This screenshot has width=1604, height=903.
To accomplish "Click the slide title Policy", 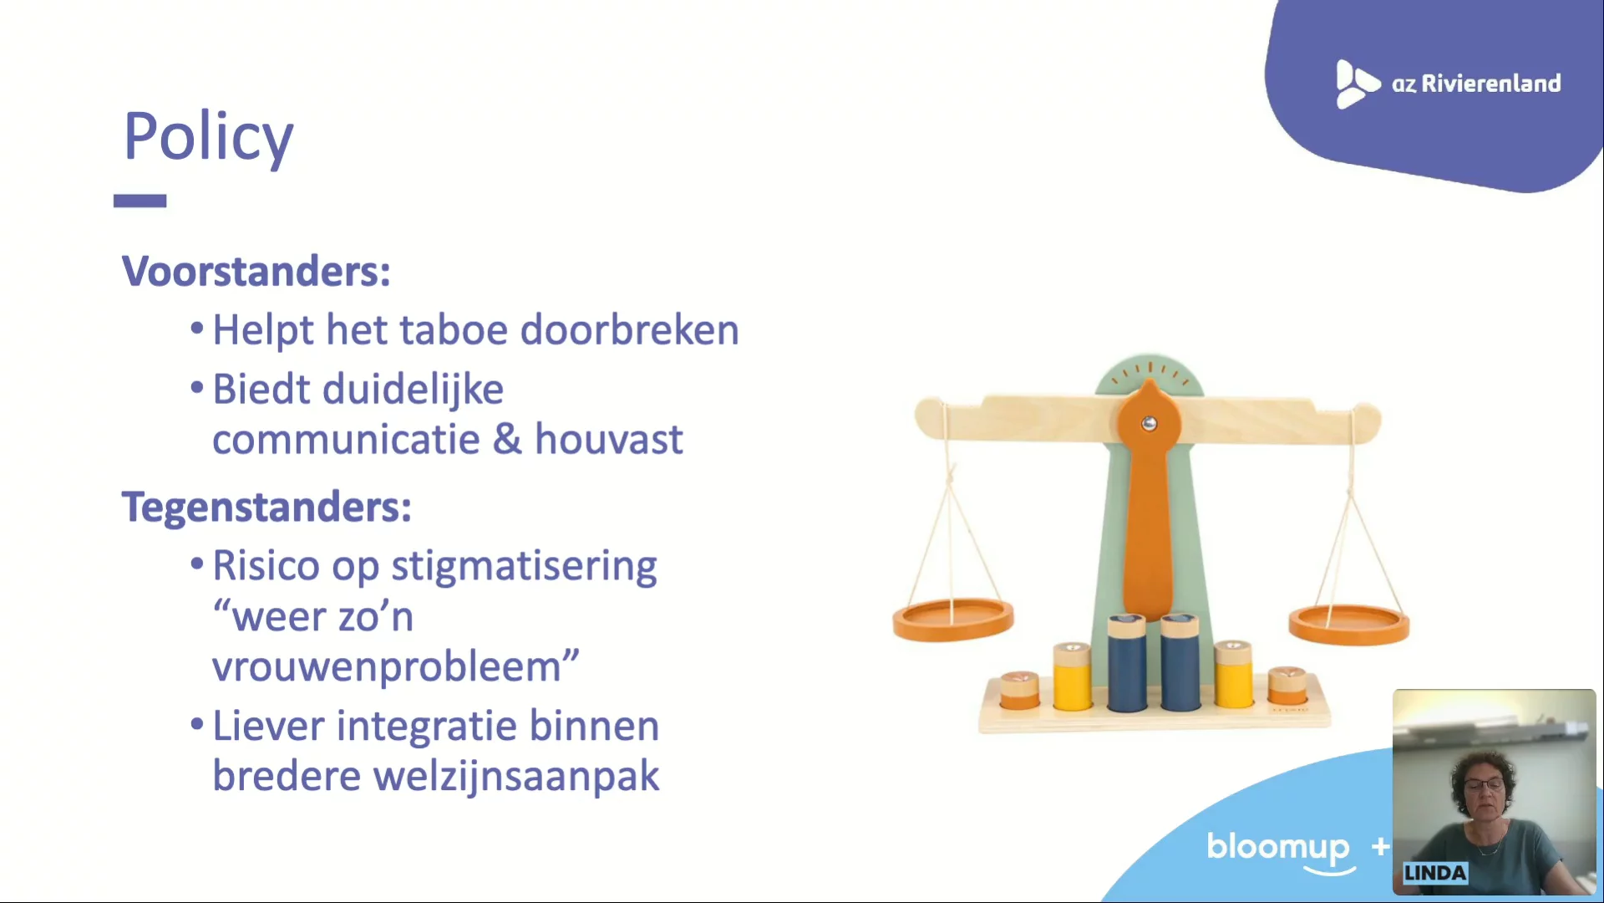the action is (208, 137).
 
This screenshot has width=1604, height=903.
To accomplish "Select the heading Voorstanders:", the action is (256, 272).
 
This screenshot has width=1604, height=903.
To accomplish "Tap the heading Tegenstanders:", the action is (266, 508).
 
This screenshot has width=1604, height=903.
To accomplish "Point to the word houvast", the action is (608, 439).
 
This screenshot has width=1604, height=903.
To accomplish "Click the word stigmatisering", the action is (524, 567).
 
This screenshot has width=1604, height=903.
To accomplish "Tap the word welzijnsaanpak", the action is (516, 776).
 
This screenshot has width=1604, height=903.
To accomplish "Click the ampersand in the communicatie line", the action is (507, 439).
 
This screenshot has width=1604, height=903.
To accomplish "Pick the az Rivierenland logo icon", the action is (1357, 84).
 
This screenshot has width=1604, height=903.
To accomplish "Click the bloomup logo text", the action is (1278, 848).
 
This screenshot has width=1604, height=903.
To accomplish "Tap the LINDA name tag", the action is (1434, 873).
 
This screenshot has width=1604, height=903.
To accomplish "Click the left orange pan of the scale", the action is (953, 620).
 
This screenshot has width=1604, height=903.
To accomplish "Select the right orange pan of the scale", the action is (1348, 625).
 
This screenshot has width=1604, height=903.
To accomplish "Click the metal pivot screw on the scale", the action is (1150, 424).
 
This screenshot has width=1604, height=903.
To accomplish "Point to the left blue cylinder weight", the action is (1127, 663).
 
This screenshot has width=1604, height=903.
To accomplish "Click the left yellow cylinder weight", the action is (1072, 676).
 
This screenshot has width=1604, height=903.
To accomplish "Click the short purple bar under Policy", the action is (140, 201).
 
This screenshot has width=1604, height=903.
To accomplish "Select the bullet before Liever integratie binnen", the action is (197, 724).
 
